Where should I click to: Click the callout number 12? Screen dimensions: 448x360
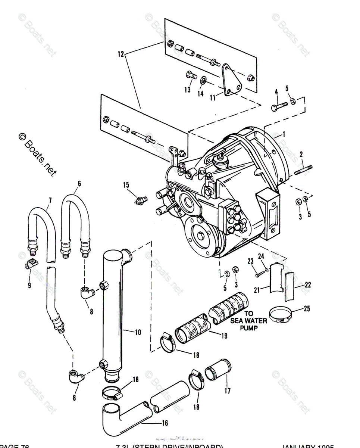click(x=120, y=54)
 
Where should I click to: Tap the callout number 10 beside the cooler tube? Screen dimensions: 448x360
click(x=138, y=332)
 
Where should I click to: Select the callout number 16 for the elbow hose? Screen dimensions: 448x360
click(x=165, y=423)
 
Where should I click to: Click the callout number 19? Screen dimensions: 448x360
click(x=224, y=336)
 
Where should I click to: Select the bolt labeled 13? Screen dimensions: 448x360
click(x=190, y=75)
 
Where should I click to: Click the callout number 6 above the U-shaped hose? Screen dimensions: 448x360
click(x=79, y=183)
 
